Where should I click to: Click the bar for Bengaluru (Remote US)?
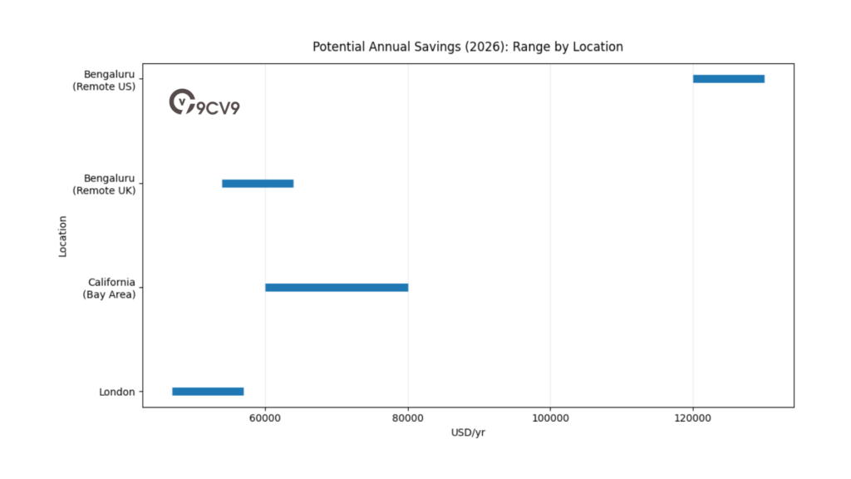pyautogui.click(x=728, y=79)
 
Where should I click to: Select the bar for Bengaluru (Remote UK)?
pyautogui.click(x=258, y=183)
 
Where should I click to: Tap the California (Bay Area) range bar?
pyautogui.click(x=337, y=287)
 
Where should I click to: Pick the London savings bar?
pyautogui.click(x=208, y=391)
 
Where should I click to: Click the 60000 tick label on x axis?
pyautogui.click(x=265, y=418)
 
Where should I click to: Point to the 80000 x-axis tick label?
pyautogui.click(x=407, y=418)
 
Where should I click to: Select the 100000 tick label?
pyautogui.click(x=549, y=418)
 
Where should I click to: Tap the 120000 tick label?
pyautogui.click(x=692, y=418)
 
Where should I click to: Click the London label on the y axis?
pyautogui.click(x=116, y=392)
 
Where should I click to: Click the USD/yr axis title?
pyautogui.click(x=468, y=432)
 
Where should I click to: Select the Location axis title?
pyautogui.click(x=63, y=236)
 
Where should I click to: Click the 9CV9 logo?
pyautogui.click(x=204, y=104)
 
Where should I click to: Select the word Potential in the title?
pyautogui.click(x=339, y=47)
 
